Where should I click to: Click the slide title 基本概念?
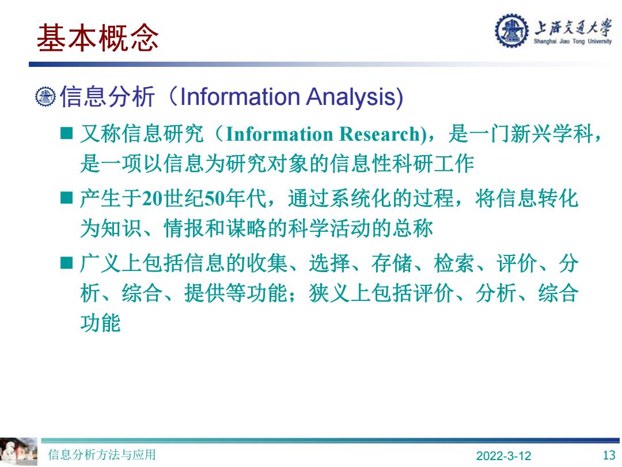click(x=97, y=37)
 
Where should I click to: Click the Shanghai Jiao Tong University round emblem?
click(x=511, y=31)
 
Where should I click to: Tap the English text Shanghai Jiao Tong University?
click(x=572, y=42)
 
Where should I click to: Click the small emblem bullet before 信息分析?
click(x=45, y=96)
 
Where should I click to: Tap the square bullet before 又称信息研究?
click(x=66, y=133)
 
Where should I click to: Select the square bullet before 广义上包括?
click(x=66, y=262)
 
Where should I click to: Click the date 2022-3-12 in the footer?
click(x=503, y=455)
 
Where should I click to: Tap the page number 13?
click(x=609, y=455)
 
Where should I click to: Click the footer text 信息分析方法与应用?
click(x=102, y=454)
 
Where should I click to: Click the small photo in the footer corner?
click(x=18, y=451)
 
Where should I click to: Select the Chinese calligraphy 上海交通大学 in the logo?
click(x=572, y=28)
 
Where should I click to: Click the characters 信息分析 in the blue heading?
click(x=107, y=96)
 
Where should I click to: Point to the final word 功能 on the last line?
click(x=100, y=322)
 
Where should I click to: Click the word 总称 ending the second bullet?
click(x=412, y=228)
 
